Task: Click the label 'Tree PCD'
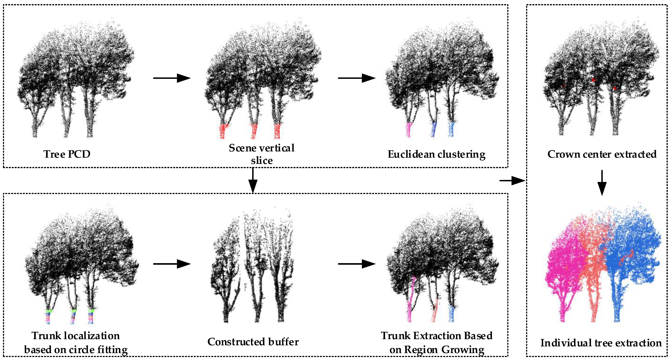tap(67, 154)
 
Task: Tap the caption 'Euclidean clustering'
tap(436, 154)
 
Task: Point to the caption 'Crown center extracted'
tap(602, 154)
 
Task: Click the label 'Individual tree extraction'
tap(601, 343)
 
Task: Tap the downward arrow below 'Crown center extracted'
tap(602, 183)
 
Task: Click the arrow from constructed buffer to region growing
tap(357, 264)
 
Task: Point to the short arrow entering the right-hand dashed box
tap(512, 180)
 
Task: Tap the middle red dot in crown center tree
tap(593, 80)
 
